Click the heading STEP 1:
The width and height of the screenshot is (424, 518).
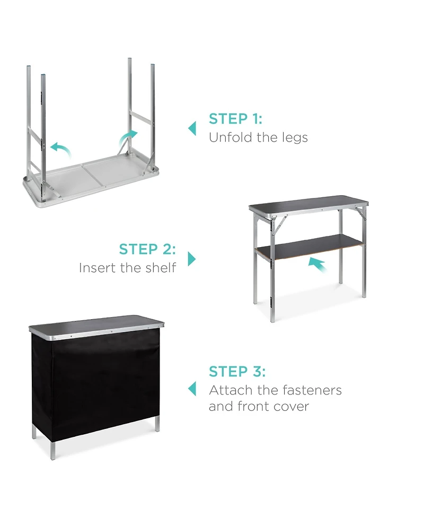point(235,118)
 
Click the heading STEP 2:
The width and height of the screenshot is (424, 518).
point(147,249)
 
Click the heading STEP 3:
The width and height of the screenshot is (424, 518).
point(237,371)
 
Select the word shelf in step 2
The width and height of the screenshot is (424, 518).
point(160,268)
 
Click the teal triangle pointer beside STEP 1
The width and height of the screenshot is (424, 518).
point(192,128)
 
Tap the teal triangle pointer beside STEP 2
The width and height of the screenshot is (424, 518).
point(192,259)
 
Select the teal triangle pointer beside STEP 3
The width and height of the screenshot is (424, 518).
point(192,389)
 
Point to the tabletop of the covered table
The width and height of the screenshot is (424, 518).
point(95,323)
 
